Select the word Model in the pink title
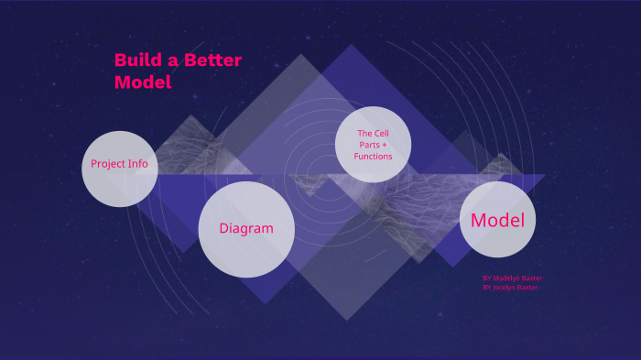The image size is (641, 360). click(x=143, y=82)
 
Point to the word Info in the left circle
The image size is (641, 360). click(x=138, y=164)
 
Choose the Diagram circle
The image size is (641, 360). click(x=246, y=229)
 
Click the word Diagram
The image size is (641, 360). click(x=246, y=228)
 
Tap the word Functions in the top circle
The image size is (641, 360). click(x=373, y=157)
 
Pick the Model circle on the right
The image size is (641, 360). click(x=497, y=220)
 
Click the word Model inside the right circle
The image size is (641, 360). click(x=497, y=220)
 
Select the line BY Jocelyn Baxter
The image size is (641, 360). click(x=511, y=287)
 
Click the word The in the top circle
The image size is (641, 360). click(x=364, y=134)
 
